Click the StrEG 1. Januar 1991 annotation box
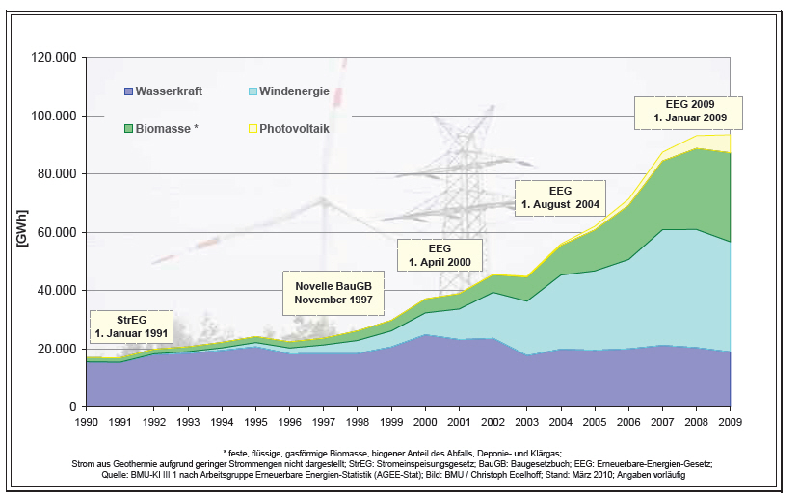click(x=132, y=326)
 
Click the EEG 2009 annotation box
click(x=689, y=112)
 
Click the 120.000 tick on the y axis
click(x=55, y=58)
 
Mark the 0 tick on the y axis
click(x=73, y=406)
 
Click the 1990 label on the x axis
click(x=87, y=422)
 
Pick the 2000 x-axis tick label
click(x=426, y=422)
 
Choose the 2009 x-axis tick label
click(x=732, y=422)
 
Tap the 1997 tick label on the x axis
click(x=324, y=422)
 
